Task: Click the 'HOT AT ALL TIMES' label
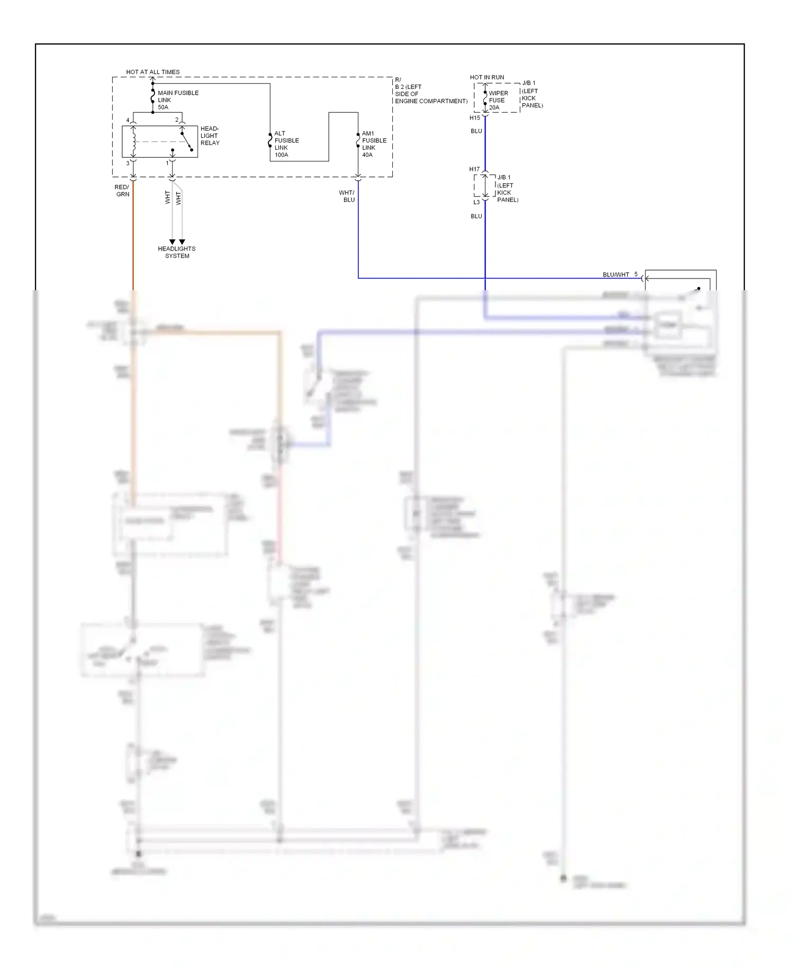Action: click(x=152, y=72)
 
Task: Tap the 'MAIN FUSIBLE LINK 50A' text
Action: click(x=177, y=100)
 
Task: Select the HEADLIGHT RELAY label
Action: click(x=210, y=136)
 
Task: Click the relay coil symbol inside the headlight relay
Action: click(x=134, y=141)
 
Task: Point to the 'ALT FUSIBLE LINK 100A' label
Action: click(x=286, y=144)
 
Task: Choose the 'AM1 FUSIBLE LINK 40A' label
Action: click(x=374, y=144)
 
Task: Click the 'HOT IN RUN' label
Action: click(x=486, y=77)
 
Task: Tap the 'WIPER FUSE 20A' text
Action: click(x=498, y=100)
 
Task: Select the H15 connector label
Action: click(x=474, y=118)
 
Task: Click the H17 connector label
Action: click(x=474, y=169)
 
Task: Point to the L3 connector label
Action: click(x=476, y=202)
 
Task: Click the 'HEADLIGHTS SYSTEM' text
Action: click(x=177, y=252)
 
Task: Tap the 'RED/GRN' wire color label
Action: click(x=122, y=191)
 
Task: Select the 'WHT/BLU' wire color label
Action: click(x=347, y=196)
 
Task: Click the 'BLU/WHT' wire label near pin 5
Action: click(x=616, y=275)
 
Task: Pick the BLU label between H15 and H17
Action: click(x=476, y=131)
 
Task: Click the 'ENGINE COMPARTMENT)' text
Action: click(x=431, y=101)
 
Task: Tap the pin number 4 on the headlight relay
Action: click(x=128, y=120)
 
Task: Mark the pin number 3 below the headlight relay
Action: click(x=128, y=164)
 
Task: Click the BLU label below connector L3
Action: click(x=476, y=217)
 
